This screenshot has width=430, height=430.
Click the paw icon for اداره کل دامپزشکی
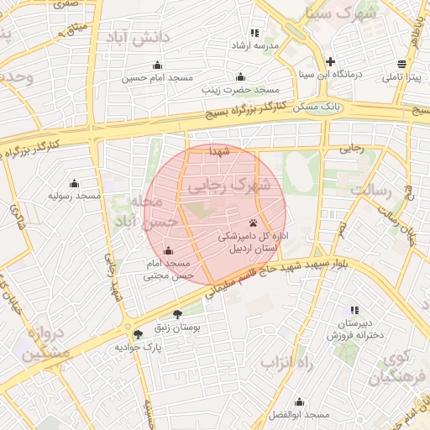pyautogui.click(x=253, y=224)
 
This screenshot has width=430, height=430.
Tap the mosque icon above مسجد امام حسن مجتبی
pyautogui.click(x=168, y=250)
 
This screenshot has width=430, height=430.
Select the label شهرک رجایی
pyautogui.click(x=228, y=185)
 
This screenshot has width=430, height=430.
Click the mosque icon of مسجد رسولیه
pyautogui.click(x=74, y=184)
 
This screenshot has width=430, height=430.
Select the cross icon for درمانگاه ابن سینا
pyautogui.click(x=331, y=61)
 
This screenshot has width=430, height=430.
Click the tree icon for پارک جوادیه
pyautogui.click(x=138, y=334)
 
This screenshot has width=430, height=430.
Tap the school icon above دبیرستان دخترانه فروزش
pyautogui.click(x=354, y=310)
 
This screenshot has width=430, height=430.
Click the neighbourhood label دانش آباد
pyautogui.click(x=138, y=37)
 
